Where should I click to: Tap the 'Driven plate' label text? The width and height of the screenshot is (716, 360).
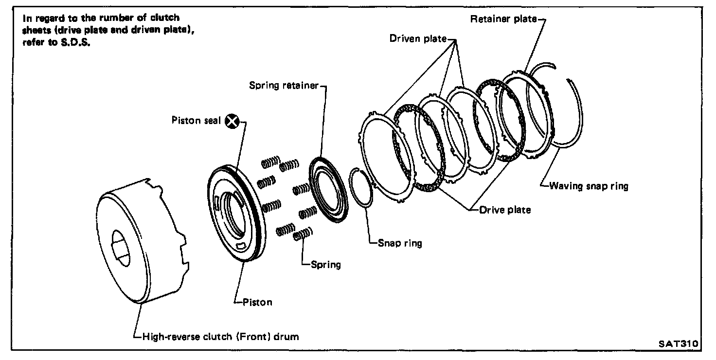[417, 38]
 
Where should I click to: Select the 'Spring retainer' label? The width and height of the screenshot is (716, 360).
[284, 86]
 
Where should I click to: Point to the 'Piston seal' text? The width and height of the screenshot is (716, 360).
[196, 120]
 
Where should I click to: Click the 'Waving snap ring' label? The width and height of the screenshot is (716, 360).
[589, 186]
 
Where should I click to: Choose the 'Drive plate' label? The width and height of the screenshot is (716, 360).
[505, 210]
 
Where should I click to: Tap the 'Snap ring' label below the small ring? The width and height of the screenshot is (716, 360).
[400, 243]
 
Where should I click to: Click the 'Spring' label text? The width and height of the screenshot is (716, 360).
[326, 265]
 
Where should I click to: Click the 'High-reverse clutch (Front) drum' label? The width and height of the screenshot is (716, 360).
[219, 336]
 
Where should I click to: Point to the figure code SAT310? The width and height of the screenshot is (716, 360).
[678, 343]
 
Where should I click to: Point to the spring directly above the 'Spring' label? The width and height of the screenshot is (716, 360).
[304, 235]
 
